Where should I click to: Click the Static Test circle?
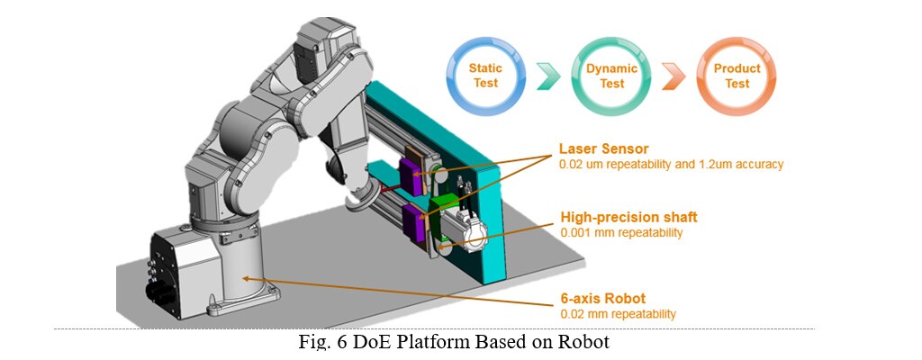(x=485, y=76)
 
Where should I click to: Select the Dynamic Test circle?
(x=611, y=76)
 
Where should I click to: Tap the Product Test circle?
(x=737, y=76)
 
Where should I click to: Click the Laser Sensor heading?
(x=602, y=148)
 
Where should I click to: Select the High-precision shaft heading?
(x=628, y=217)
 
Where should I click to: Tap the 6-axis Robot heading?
(x=602, y=299)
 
